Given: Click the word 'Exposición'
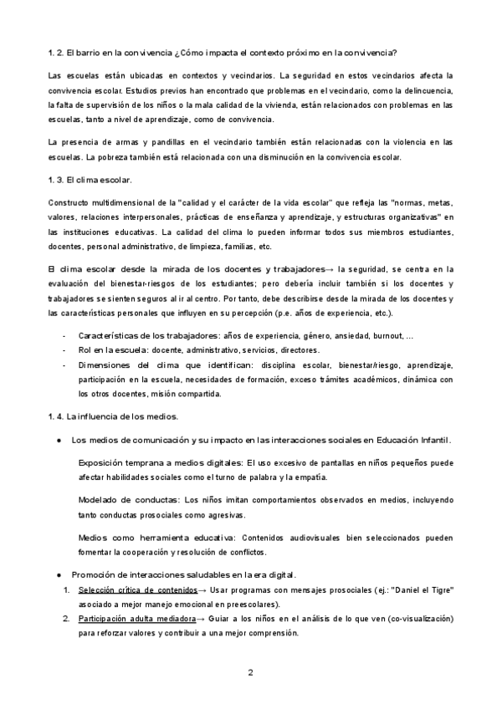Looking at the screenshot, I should pyautogui.click(x=102, y=462).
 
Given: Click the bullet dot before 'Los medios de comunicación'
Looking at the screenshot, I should pyautogui.click(x=59, y=439).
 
